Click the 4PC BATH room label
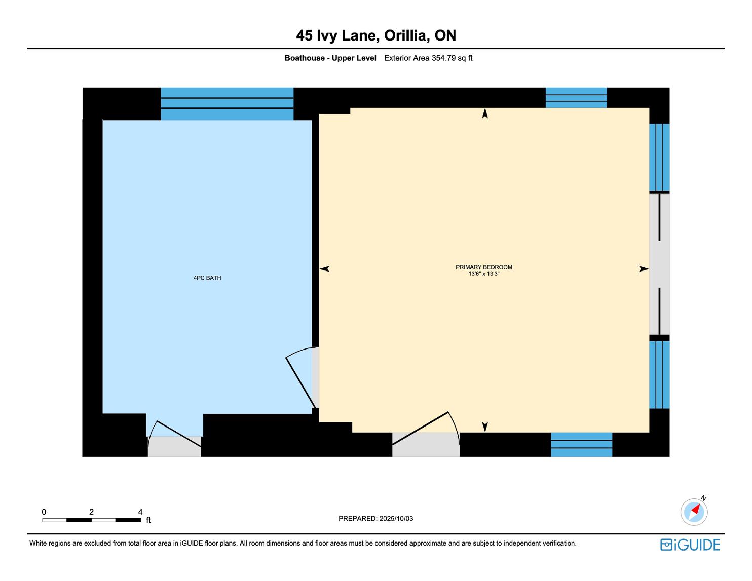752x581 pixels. pos(207,278)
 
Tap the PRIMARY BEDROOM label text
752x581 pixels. pos(483,267)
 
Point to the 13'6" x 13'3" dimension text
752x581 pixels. pos(484,274)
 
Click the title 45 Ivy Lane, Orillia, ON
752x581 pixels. pos(376,35)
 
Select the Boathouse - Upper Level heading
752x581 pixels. pos(330,58)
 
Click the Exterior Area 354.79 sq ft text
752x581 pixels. pos(428,58)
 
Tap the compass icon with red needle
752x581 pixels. pos(694,512)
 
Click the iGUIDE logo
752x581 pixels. pos(690,545)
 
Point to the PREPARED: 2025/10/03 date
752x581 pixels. pos(375,518)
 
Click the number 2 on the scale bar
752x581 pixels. pos(91,512)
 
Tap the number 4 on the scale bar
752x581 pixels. pos(140,512)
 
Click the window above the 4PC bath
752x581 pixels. pos(227,104)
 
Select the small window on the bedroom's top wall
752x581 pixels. pos(576,98)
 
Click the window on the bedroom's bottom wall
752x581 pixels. pos(581,444)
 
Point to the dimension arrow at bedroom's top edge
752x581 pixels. pos(485,113)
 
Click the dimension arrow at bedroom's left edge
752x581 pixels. pos(324,268)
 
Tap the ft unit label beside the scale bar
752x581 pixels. pos(148,520)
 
